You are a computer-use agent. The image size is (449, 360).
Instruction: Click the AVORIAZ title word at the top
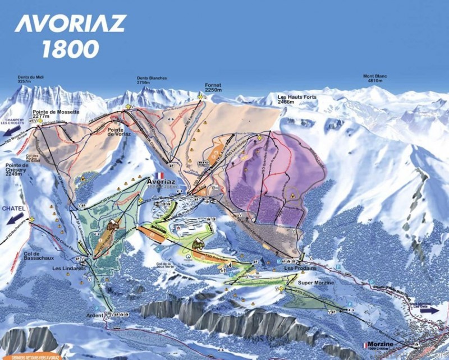coord(70,24)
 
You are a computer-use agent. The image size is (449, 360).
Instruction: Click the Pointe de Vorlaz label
coord(118,131)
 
